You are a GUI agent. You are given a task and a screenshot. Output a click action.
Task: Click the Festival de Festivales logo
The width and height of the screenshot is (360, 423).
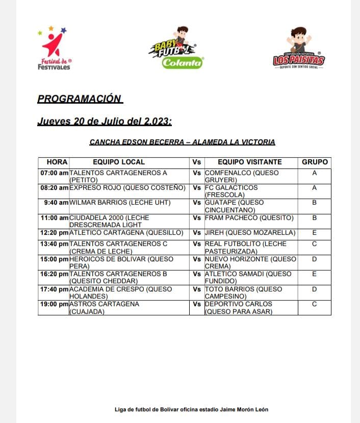[55, 49]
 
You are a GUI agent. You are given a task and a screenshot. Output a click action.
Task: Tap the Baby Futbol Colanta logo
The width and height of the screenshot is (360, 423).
[176, 48]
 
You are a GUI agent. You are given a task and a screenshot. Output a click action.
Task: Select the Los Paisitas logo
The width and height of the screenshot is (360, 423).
[298, 49]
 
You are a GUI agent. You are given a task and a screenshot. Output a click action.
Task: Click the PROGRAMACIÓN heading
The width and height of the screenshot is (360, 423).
[80, 99]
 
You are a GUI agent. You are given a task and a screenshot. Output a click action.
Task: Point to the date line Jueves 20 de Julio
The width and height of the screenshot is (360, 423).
[105, 122]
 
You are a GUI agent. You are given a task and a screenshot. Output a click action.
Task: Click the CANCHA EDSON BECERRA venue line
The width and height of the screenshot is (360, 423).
[182, 142]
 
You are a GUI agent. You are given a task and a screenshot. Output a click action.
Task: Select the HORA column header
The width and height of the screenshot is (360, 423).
[54, 162]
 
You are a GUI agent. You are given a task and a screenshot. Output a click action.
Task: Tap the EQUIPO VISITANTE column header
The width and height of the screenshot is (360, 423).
[250, 162]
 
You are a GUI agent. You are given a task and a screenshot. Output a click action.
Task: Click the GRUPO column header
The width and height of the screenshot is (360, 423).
[315, 162]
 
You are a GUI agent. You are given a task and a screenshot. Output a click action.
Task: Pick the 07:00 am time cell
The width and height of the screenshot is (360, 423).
[54, 173]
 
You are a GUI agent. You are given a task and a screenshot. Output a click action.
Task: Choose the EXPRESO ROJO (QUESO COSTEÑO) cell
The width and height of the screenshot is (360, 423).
[127, 188]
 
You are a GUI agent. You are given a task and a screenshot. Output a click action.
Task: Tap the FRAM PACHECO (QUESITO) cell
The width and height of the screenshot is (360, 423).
[249, 218]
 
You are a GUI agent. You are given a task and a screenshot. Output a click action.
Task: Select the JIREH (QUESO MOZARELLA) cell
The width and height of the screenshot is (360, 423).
[250, 233]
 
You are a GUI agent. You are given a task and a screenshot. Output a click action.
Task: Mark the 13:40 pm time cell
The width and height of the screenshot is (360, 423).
[54, 244]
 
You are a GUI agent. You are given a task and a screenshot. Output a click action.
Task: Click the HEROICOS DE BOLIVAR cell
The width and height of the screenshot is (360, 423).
[112, 262]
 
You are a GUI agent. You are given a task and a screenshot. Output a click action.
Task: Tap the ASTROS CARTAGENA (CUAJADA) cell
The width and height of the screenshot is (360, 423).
[104, 307]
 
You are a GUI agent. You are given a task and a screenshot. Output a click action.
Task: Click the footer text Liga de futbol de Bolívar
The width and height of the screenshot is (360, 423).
[191, 409]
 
